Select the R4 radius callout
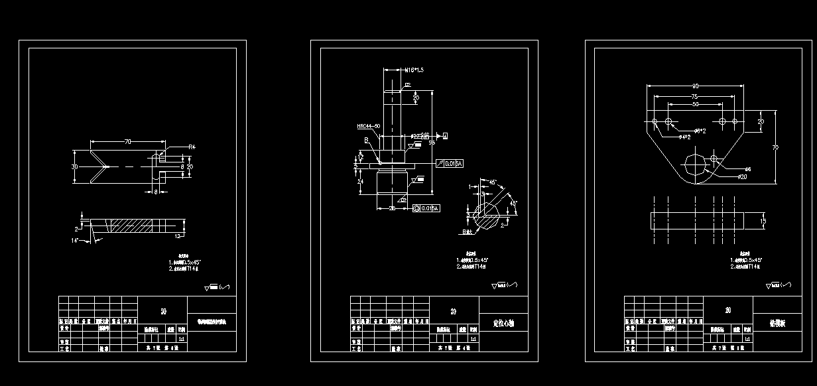(191, 147)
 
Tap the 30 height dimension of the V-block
(75, 166)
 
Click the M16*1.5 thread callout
(414, 69)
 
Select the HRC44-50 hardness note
(368, 126)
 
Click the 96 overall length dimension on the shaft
(432, 142)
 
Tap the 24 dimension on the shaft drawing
(359, 181)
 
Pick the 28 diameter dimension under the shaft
(392, 209)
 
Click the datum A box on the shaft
(445, 136)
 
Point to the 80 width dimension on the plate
(695, 86)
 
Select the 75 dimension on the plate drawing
(694, 96)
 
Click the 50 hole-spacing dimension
(694, 104)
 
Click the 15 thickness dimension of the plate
(763, 221)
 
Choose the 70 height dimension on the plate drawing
(775, 148)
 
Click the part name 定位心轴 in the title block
(503, 324)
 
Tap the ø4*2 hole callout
(685, 137)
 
